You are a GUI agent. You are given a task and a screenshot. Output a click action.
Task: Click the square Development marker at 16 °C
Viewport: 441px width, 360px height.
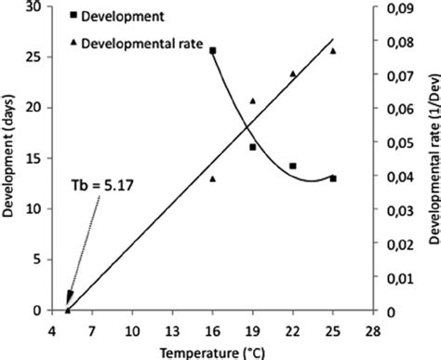(213, 50)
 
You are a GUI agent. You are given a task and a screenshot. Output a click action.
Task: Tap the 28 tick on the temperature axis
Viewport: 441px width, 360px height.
(373, 329)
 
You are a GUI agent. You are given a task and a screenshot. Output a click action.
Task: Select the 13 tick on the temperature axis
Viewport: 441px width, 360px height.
(173, 329)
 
